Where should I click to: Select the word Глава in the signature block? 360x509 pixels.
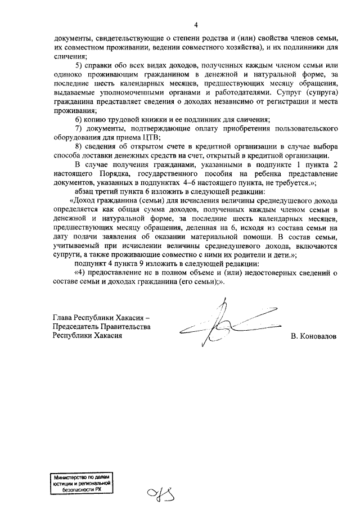[x=64, y=317]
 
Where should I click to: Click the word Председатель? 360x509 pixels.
[x=78, y=326]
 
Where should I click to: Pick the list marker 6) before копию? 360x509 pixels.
[x=79, y=120]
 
